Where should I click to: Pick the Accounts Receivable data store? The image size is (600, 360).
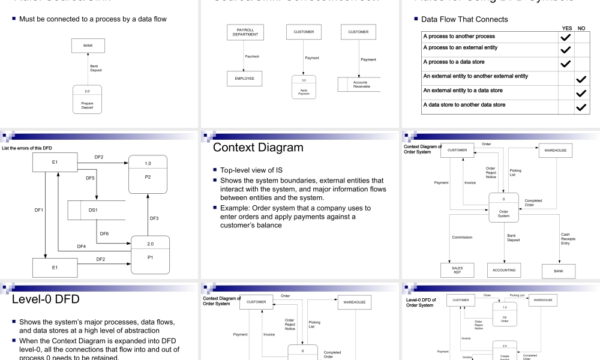click(x=359, y=85)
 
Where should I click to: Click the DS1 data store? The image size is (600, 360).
click(x=93, y=211)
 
